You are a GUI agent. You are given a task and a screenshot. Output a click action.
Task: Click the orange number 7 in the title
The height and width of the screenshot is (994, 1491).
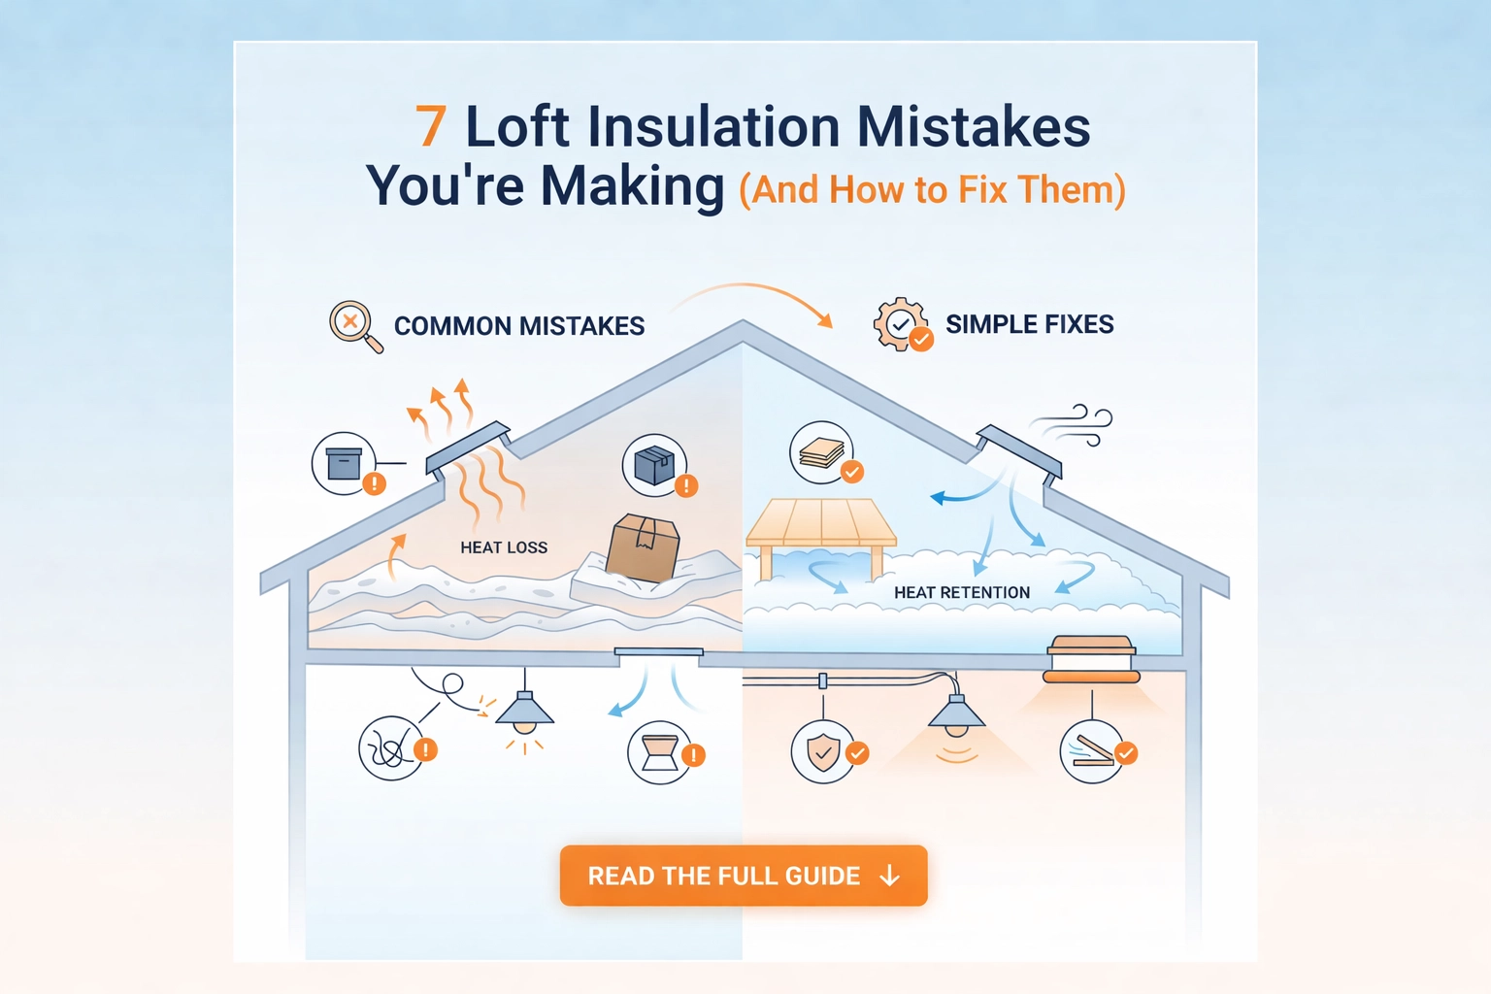(x=431, y=125)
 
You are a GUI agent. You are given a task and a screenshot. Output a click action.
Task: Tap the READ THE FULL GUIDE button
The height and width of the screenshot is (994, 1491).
(x=744, y=876)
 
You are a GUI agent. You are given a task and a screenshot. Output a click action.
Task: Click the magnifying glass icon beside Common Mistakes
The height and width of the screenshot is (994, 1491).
(x=356, y=327)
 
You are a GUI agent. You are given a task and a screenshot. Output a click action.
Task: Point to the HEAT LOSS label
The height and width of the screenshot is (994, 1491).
(x=504, y=547)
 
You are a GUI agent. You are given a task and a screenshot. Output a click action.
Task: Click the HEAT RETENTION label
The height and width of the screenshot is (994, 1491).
(x=962, y=592)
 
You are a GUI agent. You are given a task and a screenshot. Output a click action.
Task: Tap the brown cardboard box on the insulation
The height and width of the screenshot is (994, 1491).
(x=643, y=547)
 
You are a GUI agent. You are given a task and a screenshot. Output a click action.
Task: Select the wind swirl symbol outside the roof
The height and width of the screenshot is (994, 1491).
(x=1071, y=424)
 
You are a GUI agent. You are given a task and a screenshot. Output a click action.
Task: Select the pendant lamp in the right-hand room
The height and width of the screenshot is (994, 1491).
(x=956, y=713)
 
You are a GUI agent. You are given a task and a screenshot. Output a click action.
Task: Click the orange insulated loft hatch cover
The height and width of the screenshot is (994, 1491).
(x=1091, y=659)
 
